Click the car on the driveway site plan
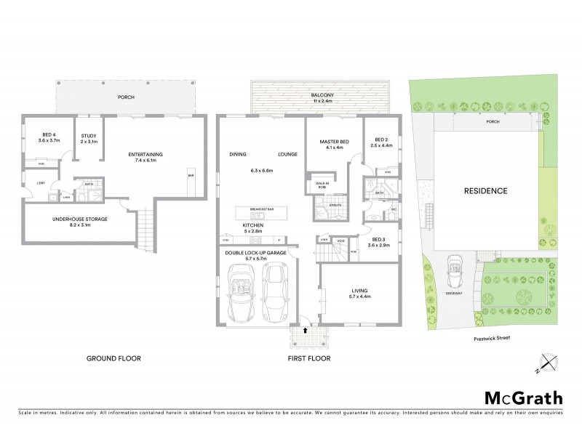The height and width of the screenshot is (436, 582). coord(454,268)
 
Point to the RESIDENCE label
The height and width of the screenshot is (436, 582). coord(485,191)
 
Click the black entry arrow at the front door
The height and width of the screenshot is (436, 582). coord(305,330)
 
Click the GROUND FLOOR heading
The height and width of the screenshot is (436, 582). coord(113,358)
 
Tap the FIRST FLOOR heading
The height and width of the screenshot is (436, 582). coord(309,358)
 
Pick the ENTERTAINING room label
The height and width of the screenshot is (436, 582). coord(145,154)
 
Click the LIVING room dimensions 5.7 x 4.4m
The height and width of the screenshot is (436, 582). coord(360,296)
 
